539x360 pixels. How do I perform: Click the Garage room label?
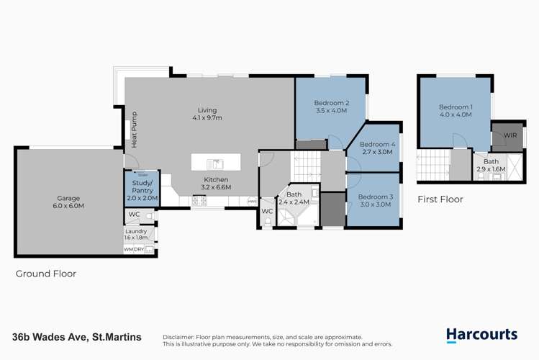pos(69,198)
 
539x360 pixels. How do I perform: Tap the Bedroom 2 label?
pos(331,102)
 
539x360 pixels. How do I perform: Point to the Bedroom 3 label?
pos(375,197)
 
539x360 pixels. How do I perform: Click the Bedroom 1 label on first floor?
pos(456,107)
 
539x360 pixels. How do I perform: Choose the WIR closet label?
pos(509,135)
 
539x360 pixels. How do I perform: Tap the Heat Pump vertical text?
pos(134,130)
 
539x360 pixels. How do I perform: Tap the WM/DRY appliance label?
pos(139,249)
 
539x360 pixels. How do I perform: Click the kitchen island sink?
pos(214,163)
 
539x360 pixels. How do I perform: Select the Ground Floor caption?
pos(46,274)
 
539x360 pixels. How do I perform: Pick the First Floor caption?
pos(440,199)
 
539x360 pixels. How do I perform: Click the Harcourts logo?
pos(481,334)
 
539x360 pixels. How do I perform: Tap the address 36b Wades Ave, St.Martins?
pos(76,337)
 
